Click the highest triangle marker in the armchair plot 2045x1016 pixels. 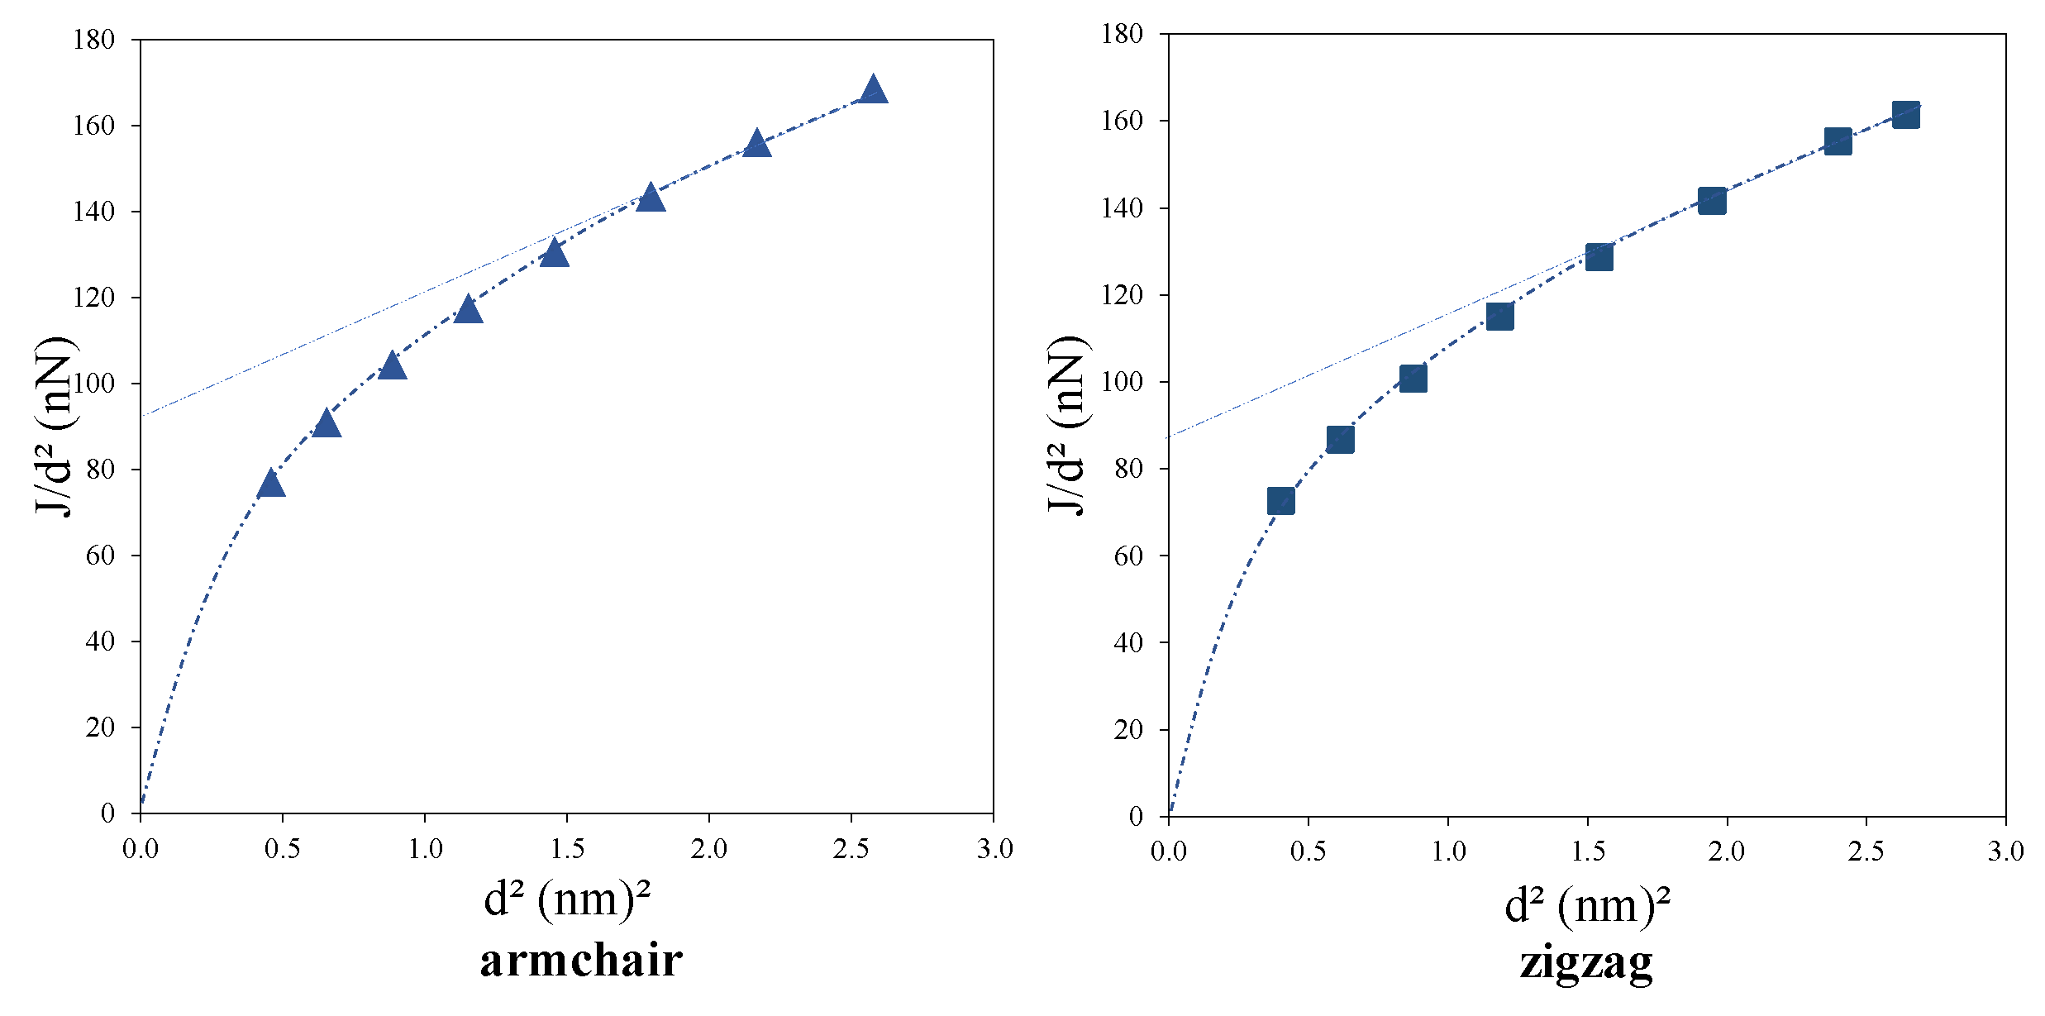873,89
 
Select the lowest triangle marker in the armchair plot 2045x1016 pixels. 271,484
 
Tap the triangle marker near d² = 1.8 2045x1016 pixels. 651,198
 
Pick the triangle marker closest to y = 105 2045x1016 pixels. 392,365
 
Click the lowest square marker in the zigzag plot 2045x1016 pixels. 1280,501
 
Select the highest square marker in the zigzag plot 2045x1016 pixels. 1905,115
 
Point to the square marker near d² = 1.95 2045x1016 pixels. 1712,200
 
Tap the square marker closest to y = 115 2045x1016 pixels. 1499,316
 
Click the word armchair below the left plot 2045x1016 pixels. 581,961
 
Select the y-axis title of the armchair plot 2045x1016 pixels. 55,426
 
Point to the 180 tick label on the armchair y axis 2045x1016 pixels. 93,40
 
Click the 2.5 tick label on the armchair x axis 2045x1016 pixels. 851,849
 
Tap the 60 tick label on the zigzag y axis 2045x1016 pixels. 1127,556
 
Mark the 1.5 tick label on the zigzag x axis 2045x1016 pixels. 1588,851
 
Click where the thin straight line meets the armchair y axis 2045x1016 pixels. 141,415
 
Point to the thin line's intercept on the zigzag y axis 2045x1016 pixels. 1169,437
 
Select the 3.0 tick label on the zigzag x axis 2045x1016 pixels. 2005,851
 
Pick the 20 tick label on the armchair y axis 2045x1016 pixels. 100,727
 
